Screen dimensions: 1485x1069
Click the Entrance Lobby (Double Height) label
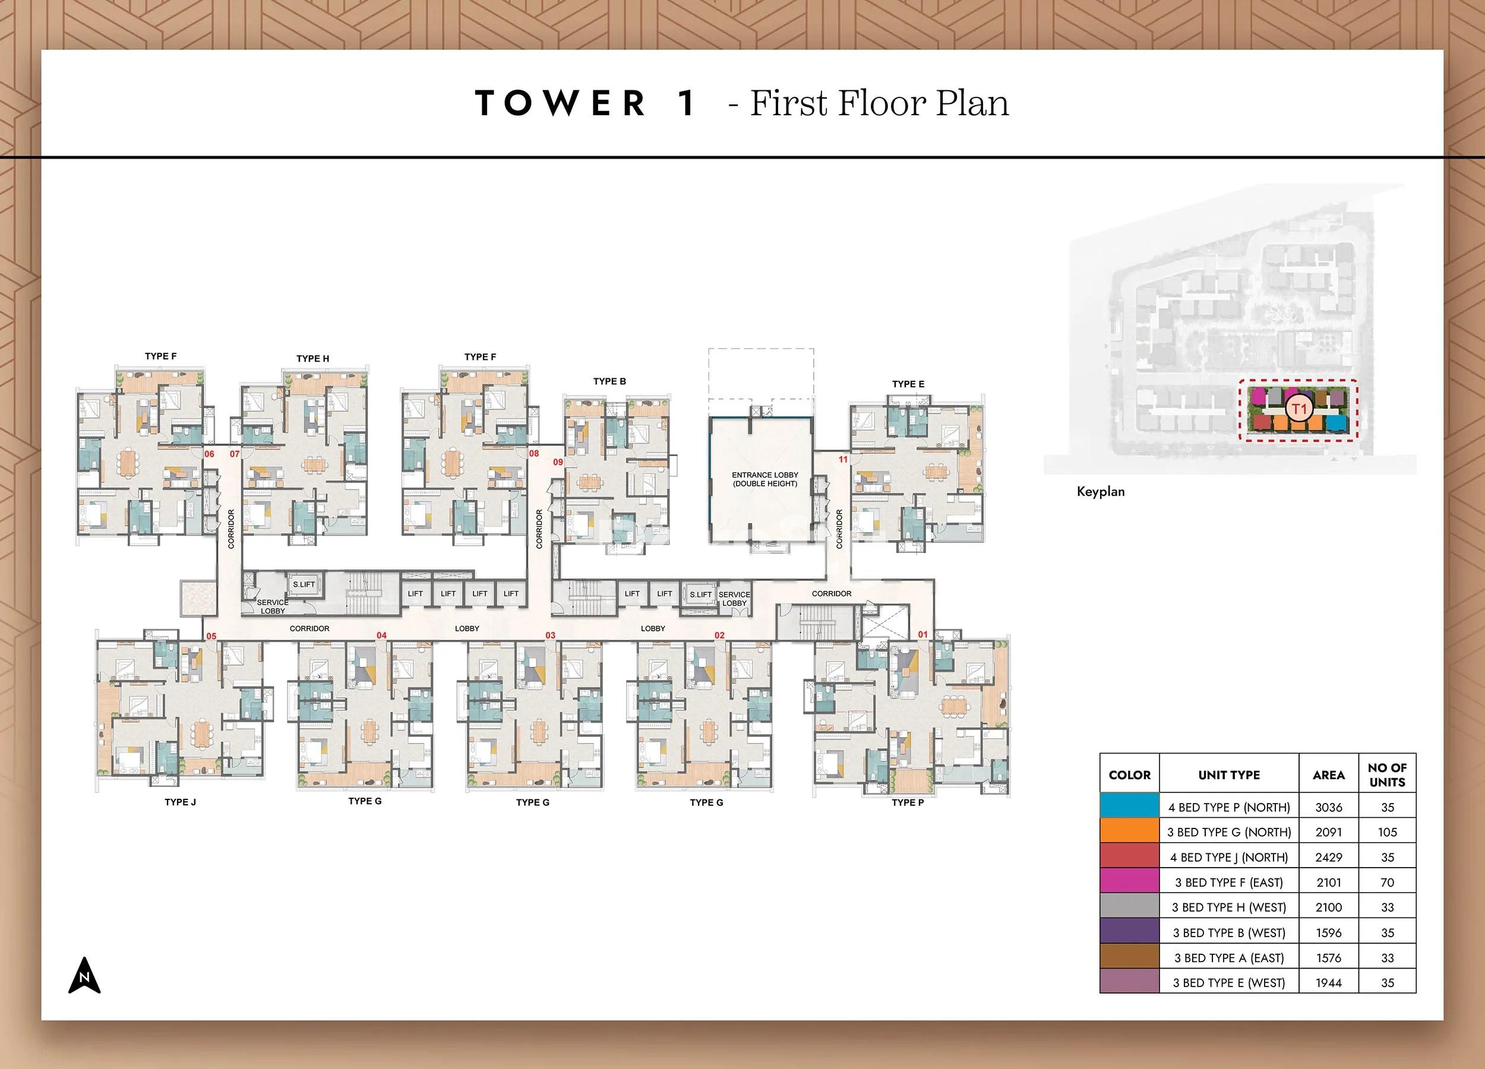(764, 479)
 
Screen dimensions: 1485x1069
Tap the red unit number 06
(210, 454)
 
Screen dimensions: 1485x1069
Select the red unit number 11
(843, 460)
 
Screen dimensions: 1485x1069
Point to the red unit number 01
(922, 634)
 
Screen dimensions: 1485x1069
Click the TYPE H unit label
(313, 359)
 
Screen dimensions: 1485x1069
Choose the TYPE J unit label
(180, 802)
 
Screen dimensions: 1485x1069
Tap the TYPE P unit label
(908, 802)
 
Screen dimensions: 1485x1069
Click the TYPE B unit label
(609, 382)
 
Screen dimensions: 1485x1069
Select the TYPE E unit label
(908, 384)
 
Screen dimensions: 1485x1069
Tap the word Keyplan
(1101, 492)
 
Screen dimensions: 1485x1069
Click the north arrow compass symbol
(84, 975)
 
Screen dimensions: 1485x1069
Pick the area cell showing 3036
(1329, 807)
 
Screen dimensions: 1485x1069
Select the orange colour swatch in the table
(1129, 832)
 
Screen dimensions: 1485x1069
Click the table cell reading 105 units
(1387, 832)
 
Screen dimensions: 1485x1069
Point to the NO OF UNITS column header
(1387, 775)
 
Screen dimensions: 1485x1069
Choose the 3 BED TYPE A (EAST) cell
(1228, 958)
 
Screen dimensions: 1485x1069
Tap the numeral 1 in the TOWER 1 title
(687, 103)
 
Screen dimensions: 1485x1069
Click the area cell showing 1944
(1329, 983)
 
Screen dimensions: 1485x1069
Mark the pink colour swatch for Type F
(1129, 882)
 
